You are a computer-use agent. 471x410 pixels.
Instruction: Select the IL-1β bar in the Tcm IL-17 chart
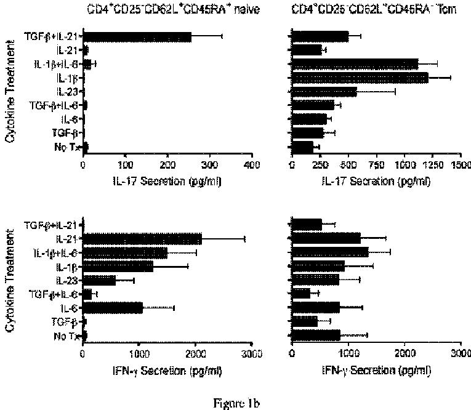click(x=360, y=78)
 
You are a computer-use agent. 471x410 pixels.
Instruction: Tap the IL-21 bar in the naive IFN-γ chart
click(x=142, y=238)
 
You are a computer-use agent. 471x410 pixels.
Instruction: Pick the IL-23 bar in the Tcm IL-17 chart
click(x=324, y=92)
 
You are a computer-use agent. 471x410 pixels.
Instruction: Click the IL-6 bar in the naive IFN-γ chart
click(x=113, y=307)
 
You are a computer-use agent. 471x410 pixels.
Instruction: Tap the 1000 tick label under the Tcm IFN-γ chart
click(x=348, y=354)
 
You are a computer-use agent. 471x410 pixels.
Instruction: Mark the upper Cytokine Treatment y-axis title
click(x=10, y=92)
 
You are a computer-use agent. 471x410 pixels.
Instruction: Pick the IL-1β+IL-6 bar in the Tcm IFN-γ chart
click(x=330, y=252)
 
